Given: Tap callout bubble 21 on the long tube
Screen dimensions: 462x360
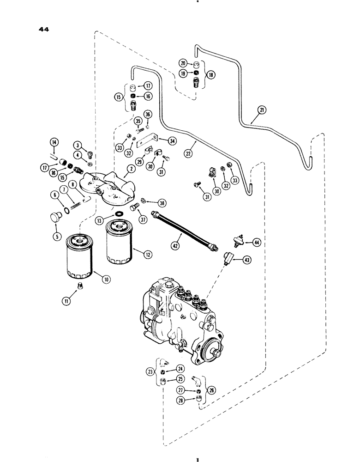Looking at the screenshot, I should tap(262, 110).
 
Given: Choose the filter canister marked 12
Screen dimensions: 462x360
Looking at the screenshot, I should tap(119, 244).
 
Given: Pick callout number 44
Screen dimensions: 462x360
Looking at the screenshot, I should tap(257, 242).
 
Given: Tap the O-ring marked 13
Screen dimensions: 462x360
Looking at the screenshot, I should tap(120, 214).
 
